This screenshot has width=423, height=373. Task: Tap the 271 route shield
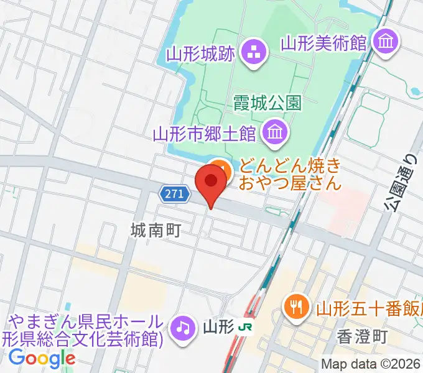tap(174, 195)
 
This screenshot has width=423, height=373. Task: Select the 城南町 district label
tap(155, 231)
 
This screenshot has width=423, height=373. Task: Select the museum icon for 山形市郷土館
tap(274, 132)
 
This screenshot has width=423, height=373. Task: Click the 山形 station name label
tap(217, 326)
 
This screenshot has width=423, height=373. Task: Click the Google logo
tap(42, 358)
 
